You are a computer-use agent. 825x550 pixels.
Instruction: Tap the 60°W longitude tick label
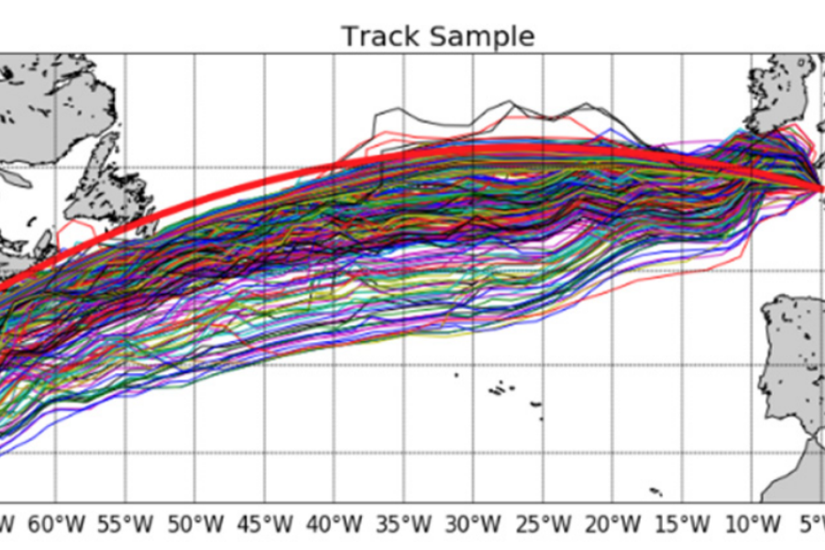click(x=56, y=526)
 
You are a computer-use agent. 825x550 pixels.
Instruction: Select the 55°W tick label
click(x=126, y=526)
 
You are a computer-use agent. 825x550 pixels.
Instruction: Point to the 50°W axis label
click(x=195, y=526)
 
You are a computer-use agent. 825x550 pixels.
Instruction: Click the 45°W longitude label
click(x=265, y=526)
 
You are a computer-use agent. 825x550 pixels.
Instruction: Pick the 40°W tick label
click(x=335, y=526)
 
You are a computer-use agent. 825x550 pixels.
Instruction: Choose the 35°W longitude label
click(x=404, y=526)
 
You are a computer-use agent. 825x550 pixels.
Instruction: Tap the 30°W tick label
click(x=474, y=526)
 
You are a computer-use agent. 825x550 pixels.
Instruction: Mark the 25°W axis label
click(x=544, y=526)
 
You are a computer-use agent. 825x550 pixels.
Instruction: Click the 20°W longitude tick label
click(x=613, y=526)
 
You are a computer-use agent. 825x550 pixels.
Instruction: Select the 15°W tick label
click(x=683, y=526)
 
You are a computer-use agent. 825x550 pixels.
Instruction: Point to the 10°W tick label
click(x=752, y=526)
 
